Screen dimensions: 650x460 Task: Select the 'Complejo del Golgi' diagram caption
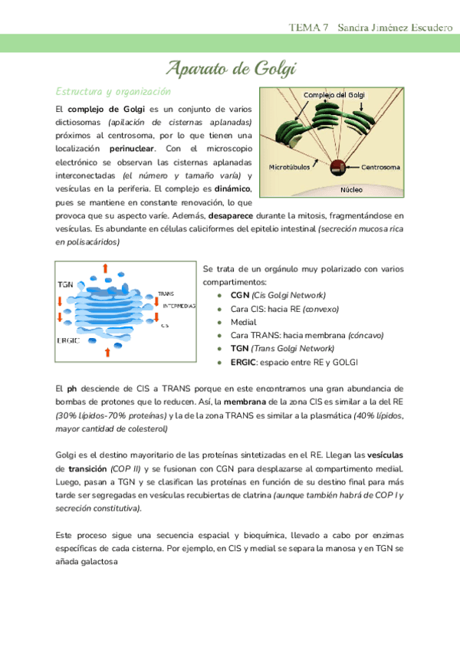334,94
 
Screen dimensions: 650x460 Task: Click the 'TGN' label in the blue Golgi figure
66,284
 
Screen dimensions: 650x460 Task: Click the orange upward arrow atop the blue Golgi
105,268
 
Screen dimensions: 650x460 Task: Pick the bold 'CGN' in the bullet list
240,295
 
